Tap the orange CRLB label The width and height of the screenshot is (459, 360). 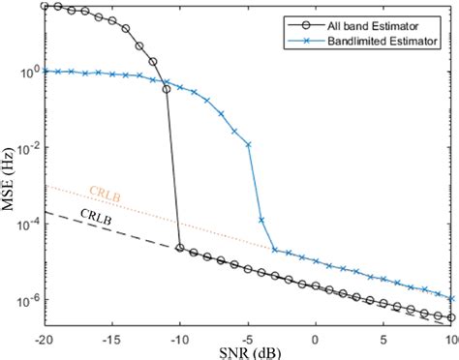point(105,192)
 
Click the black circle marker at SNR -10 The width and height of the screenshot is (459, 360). point(179,248)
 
